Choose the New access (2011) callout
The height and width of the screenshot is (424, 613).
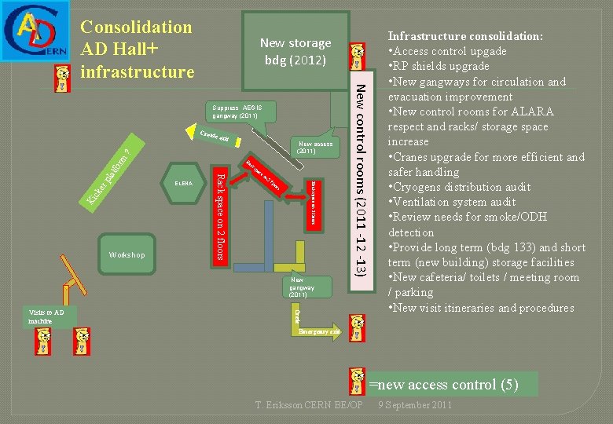(315, 147)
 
